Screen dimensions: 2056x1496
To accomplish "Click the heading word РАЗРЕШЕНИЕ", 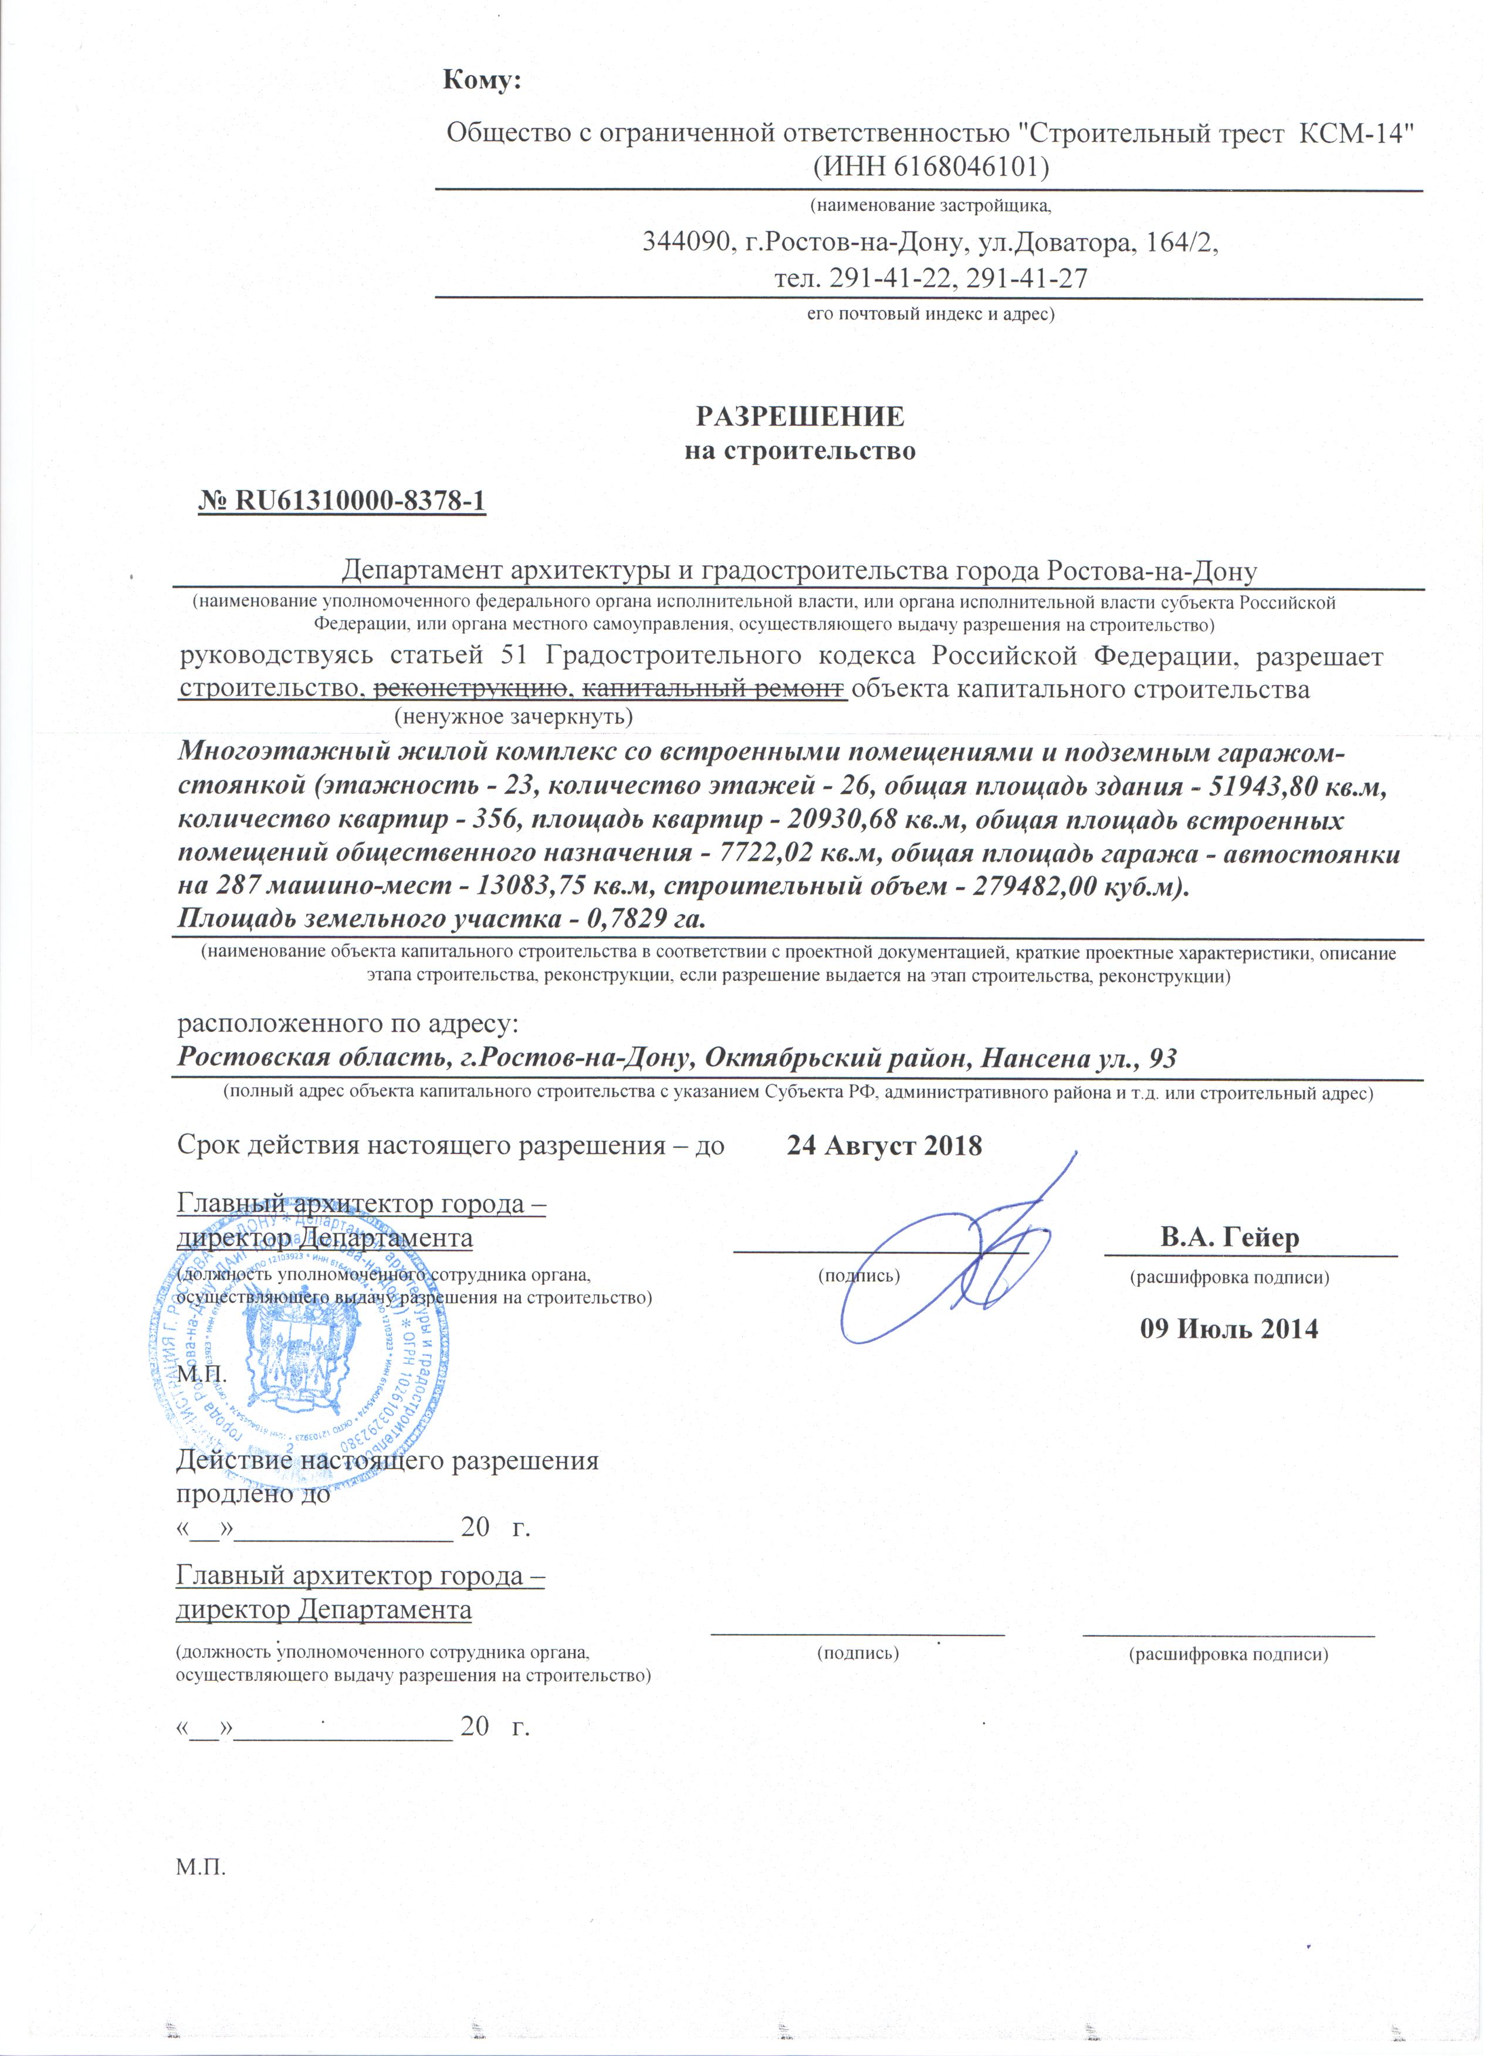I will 800,416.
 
